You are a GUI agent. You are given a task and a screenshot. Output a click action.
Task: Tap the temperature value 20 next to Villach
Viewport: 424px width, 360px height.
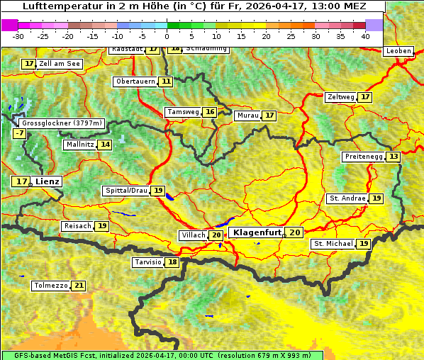coord(216,235)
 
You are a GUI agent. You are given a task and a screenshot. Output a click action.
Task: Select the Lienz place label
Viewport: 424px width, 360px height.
coord(48,181)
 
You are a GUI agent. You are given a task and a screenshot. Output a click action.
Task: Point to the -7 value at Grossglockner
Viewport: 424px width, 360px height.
coord(19,133)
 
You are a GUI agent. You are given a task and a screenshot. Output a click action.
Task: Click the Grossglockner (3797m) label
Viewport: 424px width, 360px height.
coord(62,123)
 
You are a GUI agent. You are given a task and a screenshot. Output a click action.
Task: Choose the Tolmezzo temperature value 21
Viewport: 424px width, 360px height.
coord(78,286)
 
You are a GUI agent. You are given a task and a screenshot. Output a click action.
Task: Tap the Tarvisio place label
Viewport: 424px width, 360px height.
coord(148,262)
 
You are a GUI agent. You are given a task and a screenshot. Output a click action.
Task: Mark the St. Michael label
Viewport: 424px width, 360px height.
coord(333,244)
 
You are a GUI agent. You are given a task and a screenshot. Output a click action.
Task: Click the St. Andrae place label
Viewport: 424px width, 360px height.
coord(347,198)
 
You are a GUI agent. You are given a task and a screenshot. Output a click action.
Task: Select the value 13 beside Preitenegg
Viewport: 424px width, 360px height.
coord(393,157)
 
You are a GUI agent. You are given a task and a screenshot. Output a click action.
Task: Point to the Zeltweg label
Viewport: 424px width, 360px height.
coord(340,97)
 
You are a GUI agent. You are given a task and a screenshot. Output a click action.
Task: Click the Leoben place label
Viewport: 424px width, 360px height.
coord(398,51)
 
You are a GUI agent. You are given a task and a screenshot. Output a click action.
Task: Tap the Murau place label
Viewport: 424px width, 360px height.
coord(247,116)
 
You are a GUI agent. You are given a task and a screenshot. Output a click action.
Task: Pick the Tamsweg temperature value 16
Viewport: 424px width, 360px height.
coord(209,112)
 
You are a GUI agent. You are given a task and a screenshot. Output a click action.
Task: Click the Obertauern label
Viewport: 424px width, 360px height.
coord(135,81)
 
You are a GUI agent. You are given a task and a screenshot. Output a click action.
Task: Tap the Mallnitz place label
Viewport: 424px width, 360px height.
coord(79,145)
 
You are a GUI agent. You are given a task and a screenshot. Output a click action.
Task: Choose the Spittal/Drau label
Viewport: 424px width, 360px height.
coord(126,191)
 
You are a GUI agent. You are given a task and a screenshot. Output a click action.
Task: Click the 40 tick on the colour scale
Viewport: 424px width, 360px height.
coord(365,35)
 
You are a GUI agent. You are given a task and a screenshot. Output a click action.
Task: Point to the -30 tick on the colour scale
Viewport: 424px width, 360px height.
coord(18,35)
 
